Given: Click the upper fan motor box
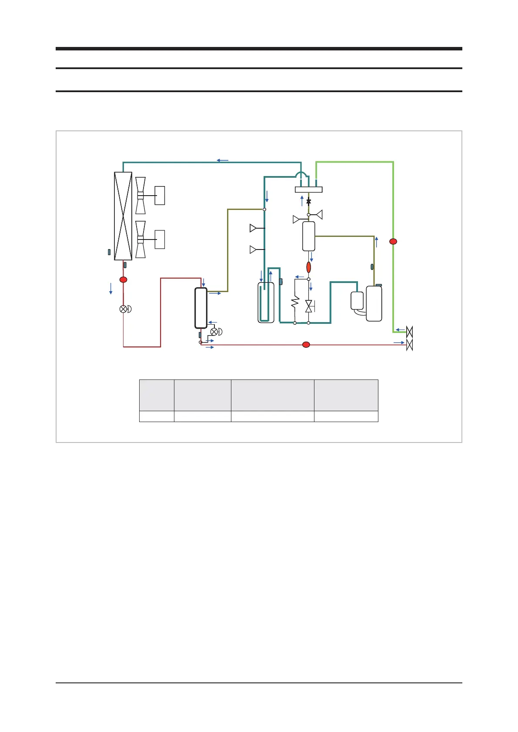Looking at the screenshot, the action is pyautogui.click(x=160, y=195).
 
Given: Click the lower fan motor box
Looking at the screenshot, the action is pyautogui.click(x=160, y=240).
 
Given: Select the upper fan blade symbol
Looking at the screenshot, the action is pyautogui.click(x=140, y=196).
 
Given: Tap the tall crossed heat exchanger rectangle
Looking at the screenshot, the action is pyautogui.click(x=123, y=216).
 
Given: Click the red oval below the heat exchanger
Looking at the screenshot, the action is pyautogui.click(x=124, y=279).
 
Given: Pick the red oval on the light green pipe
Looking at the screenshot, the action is pyautogui.click(x=393, y=241).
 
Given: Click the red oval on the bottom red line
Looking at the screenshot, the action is pyautogui.click(x=306, y=345).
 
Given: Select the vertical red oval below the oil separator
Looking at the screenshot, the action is pyautogui.click(x=309, y=267).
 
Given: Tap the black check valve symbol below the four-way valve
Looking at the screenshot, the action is pyautogui.click(x=309, y=202).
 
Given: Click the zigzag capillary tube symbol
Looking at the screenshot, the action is pyautogui.click(x=295, y=302).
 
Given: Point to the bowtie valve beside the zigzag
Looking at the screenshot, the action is pyautogui.click(x=309, y=306).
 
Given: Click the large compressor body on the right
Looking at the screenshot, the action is pyautogui.click(x=374, y=303).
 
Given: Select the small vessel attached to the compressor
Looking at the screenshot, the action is pyautogui.click(x=357, y=301).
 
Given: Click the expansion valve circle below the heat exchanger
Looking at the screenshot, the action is pyautogui.click(x=124, y=309).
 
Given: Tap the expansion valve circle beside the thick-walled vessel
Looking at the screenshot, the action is pyautogui.click(x=214, y=332).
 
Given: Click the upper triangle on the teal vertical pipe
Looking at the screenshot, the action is pyautogui.click(x=253, y=228).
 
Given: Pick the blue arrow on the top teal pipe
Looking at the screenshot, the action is pyautogui.click(x=223, y=160).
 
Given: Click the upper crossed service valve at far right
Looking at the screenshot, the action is pyautogui.click(x=409, y=333).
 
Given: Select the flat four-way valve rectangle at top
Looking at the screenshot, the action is pyautogui.click(x=309, y=190).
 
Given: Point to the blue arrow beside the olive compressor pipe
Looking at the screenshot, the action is pyautogui.click(x=377, y=242).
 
